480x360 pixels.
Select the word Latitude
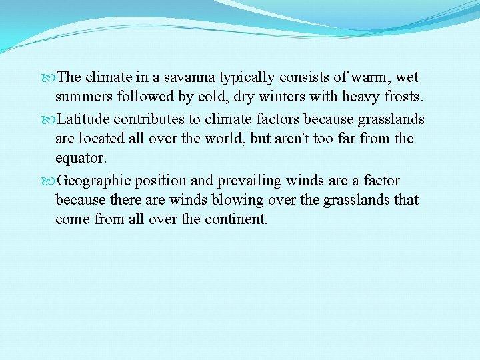83,119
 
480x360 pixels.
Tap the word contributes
147,119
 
